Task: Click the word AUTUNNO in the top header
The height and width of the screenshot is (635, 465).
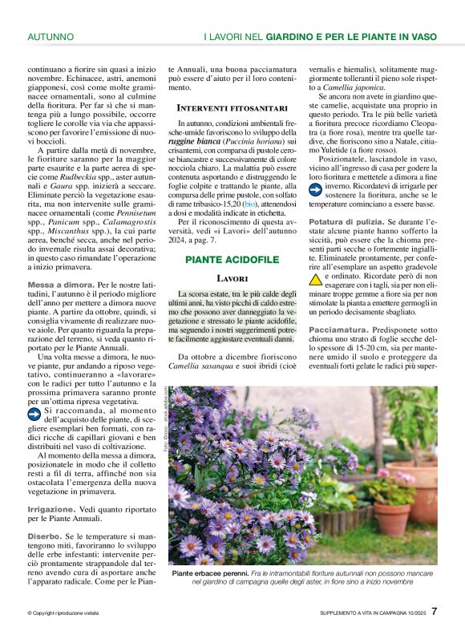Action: [x=51, y=37]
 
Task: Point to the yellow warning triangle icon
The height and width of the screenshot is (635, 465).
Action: [x=316, y=280]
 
